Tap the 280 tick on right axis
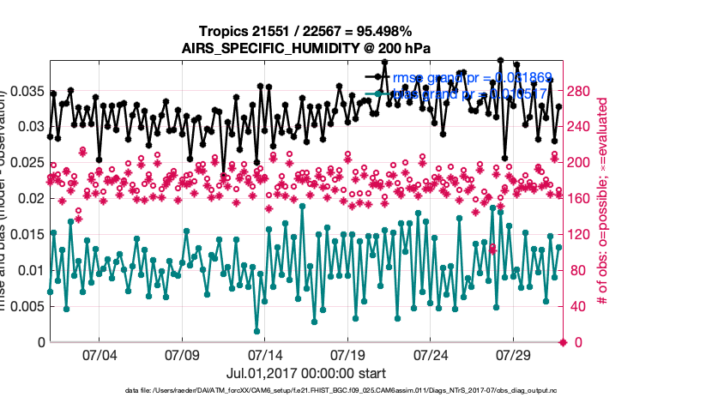click(x=581, y=90)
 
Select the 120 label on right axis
click(x=581, y=234)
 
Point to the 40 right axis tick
click(x=577, y=306)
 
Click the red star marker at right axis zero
click(x=563, y=342)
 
